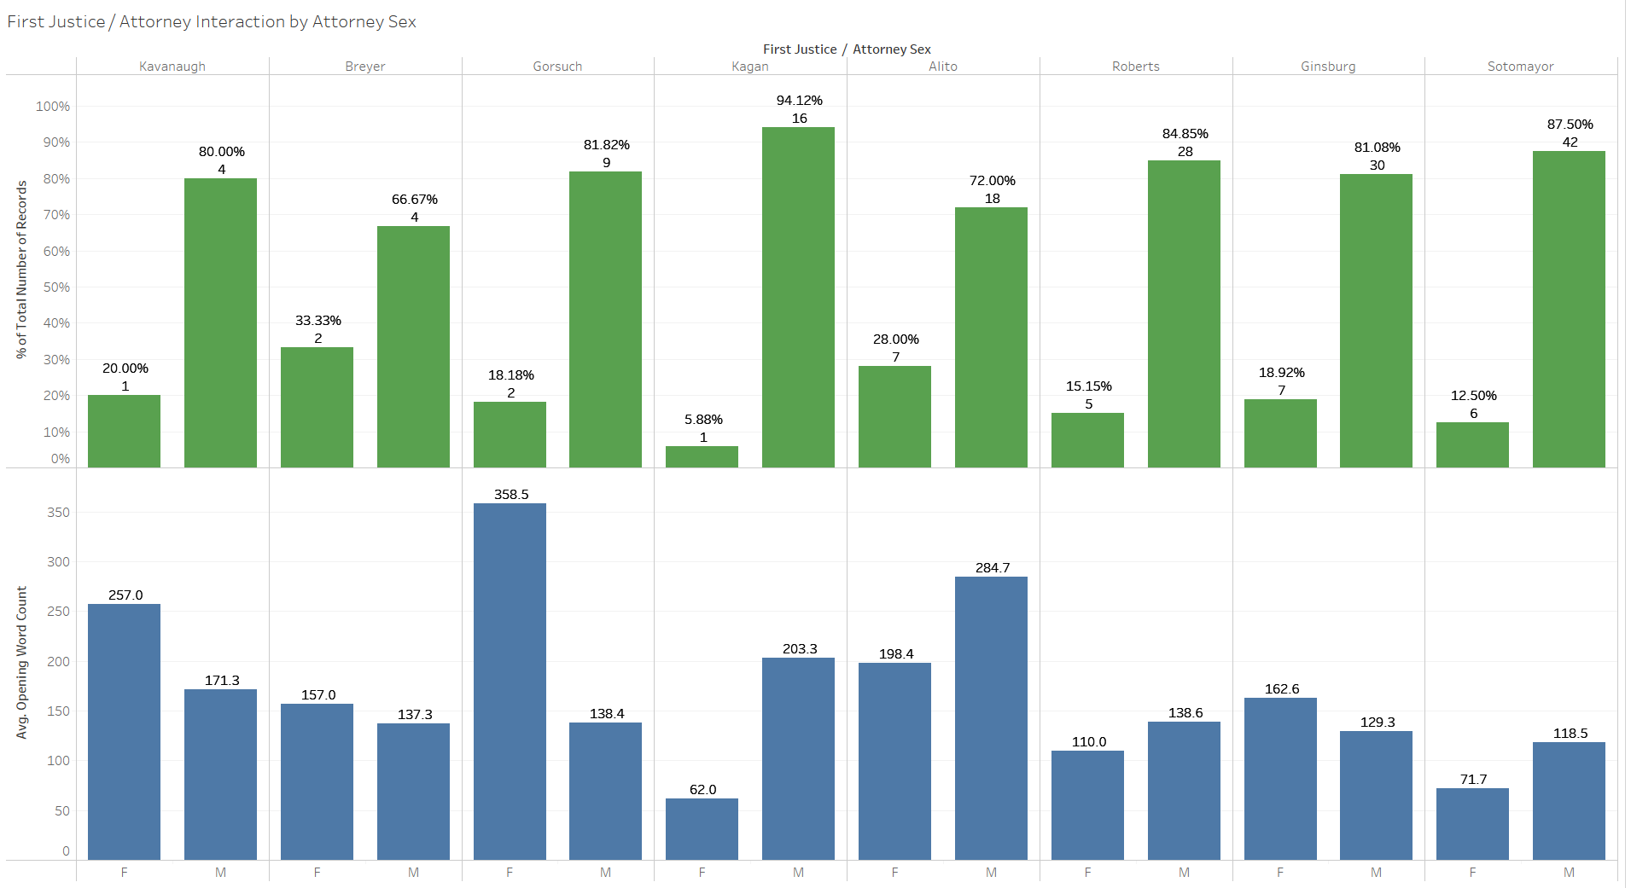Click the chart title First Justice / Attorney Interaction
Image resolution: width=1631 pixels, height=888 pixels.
[212, 22]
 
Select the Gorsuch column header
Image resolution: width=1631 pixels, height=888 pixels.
[557, 67]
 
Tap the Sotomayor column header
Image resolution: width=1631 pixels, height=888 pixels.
[1520, 67]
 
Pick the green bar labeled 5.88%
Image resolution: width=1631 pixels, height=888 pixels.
[702, 456]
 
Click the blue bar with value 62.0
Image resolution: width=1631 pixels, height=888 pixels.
[702, 828]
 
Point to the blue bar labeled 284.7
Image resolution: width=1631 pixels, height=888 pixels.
[991, 717]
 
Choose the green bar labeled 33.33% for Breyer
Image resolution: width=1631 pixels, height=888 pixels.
[317, 407]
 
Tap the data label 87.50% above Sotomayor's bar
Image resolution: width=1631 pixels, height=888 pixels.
[1570, 125]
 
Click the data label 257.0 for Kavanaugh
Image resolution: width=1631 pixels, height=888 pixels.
[125, 595]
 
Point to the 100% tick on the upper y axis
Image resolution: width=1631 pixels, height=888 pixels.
[53, 107]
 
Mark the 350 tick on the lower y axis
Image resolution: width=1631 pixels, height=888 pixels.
[58, 513]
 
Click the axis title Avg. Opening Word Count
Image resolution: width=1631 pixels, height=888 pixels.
[22, 662]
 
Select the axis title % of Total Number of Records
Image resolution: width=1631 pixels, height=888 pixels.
[22, 270]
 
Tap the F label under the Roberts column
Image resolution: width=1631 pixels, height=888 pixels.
[1087, 873]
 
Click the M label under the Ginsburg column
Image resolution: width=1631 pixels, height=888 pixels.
[1376, 873]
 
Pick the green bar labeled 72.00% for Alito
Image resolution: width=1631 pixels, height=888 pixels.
[991, 337]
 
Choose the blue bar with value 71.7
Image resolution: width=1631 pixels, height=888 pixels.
[1472, 824]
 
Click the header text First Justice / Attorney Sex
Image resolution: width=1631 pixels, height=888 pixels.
[847, 49]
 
